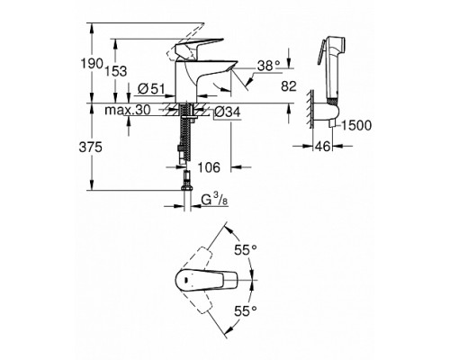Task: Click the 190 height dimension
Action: pos(92,63)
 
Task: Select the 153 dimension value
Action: pos(116,71)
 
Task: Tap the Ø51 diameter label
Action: pos(151,88)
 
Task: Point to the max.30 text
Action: pos(128,110)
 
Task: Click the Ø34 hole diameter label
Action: pos(228,112)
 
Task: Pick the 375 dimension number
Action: pos(90,148)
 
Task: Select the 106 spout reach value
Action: pos(209,167)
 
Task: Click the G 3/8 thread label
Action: pos(214,200)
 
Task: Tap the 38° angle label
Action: pos(268,66)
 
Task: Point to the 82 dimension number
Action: pos(289,86)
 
